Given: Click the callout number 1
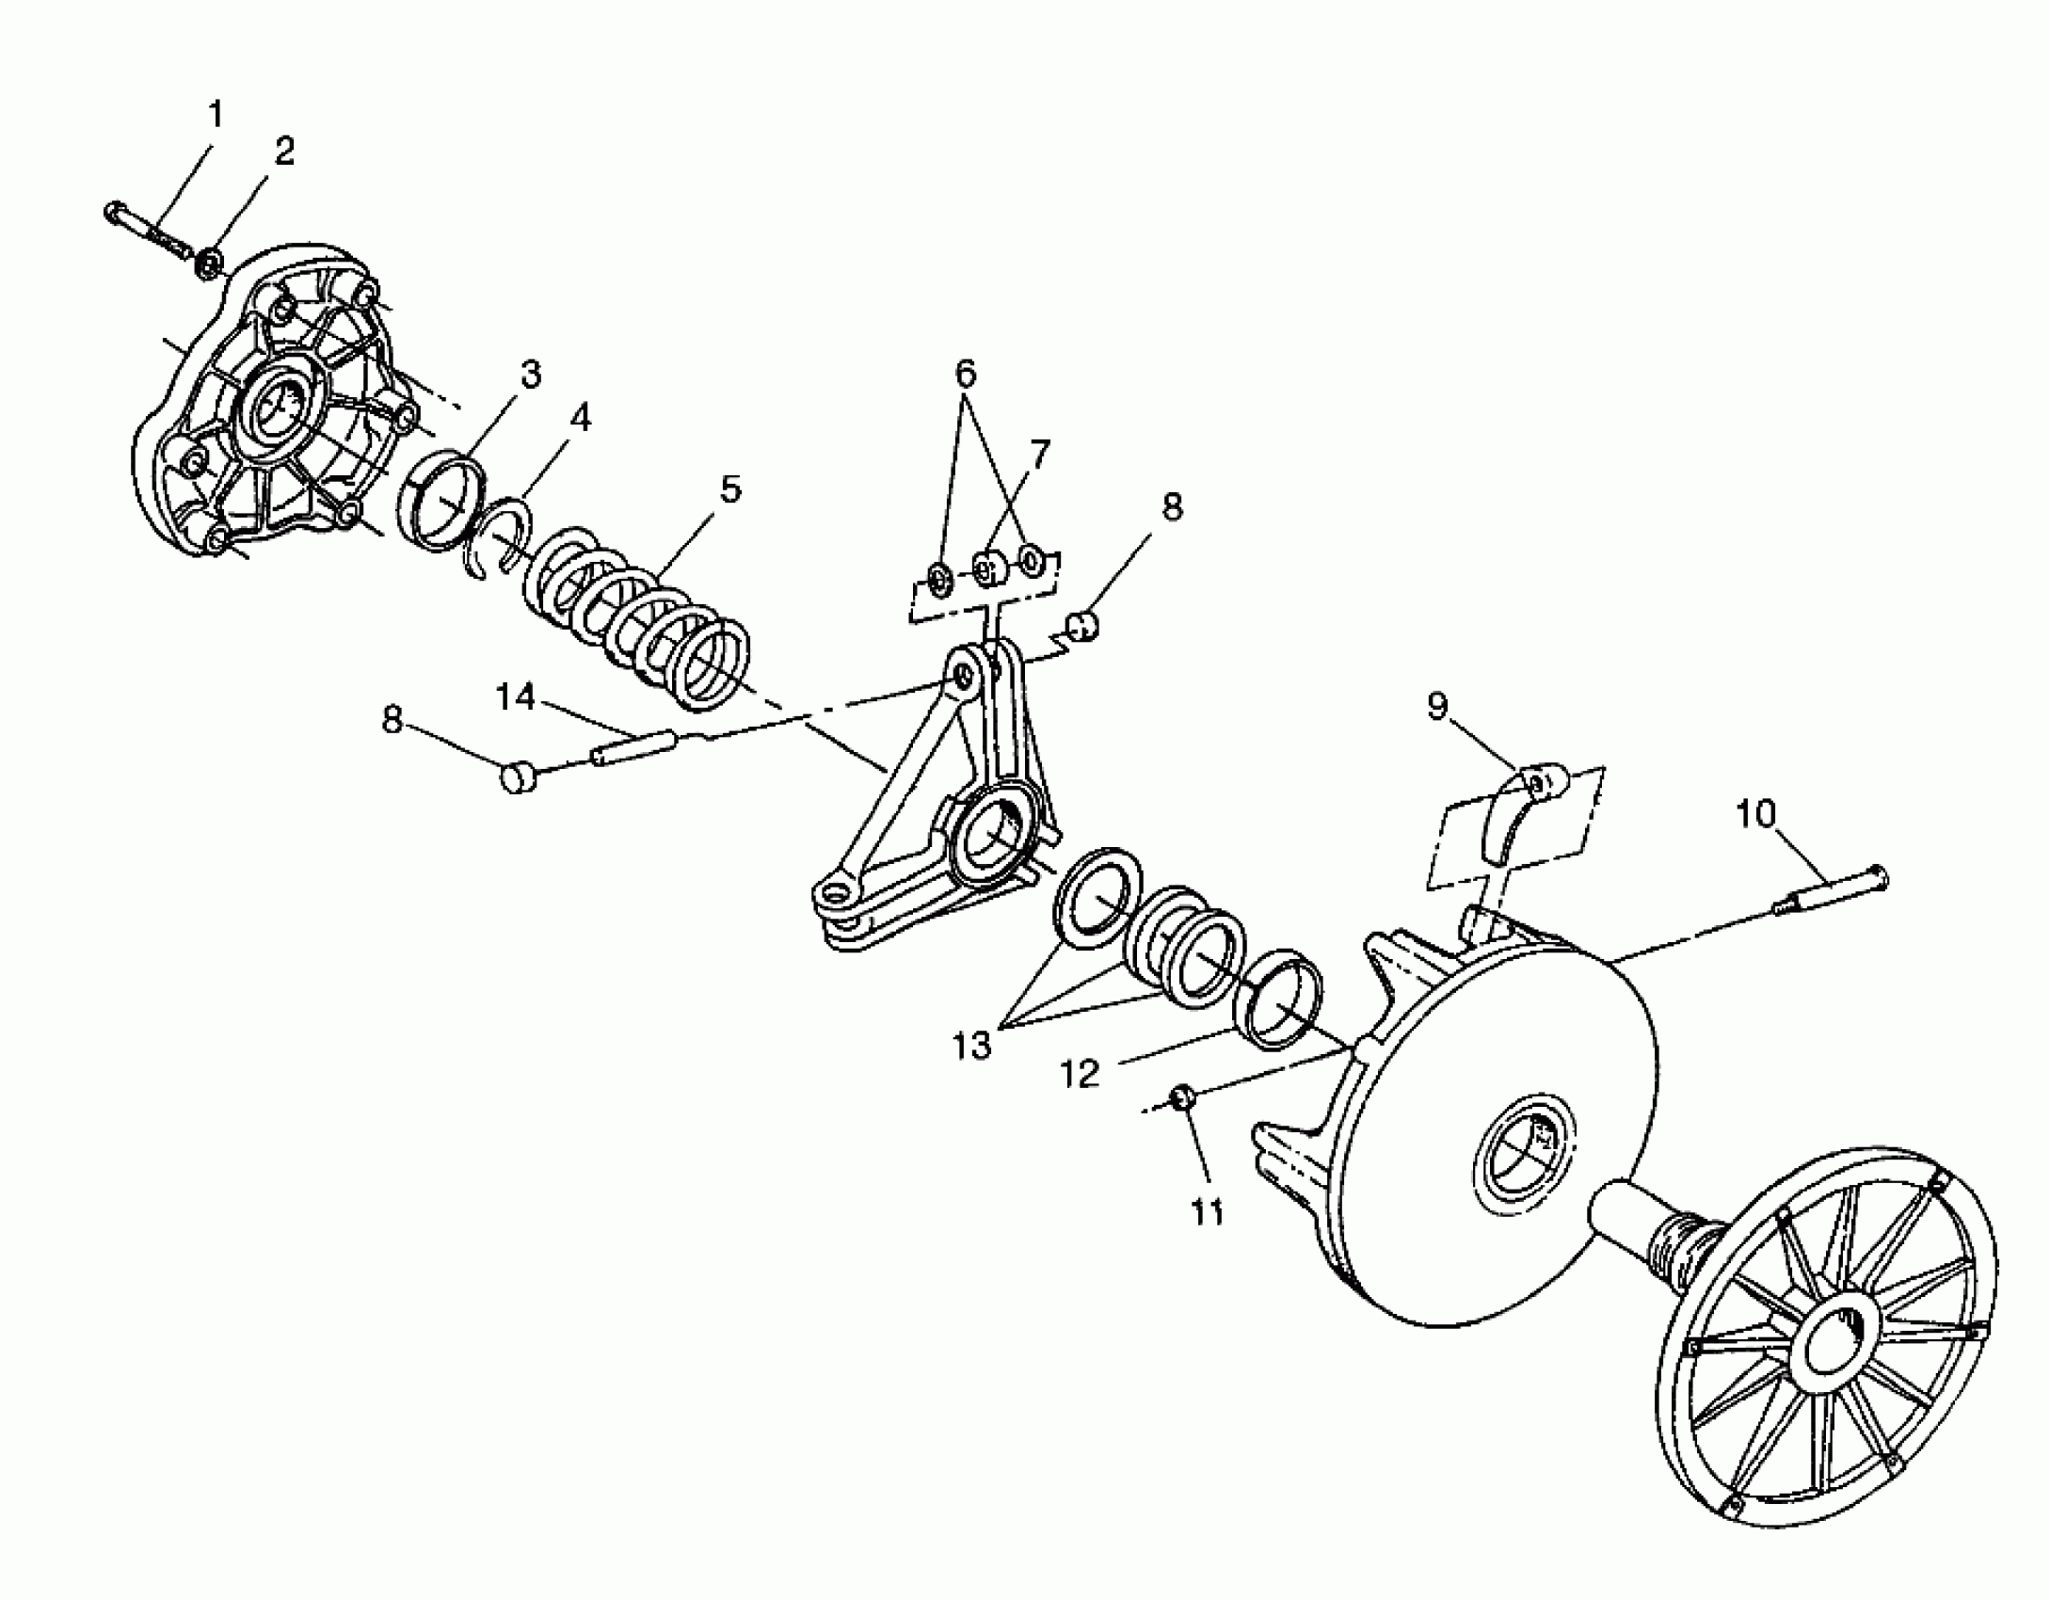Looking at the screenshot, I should click(216, 115).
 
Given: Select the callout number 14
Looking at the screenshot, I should click(515, 697).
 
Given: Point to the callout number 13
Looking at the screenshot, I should click(971, 1045).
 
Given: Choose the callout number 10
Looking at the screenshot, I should click(1754, 815).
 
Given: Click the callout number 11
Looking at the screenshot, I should click(1208, 1213).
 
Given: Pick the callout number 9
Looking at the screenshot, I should click(1436, 707).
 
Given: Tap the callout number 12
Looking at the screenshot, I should click(1080, 1074).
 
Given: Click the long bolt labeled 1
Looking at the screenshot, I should click(151, 231).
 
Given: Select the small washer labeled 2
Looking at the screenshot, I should click(208, 263).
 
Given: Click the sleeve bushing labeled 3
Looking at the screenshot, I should click(445, 502).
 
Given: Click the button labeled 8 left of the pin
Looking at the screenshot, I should click(517, 777).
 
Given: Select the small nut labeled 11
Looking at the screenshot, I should click(1183, 1096).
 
